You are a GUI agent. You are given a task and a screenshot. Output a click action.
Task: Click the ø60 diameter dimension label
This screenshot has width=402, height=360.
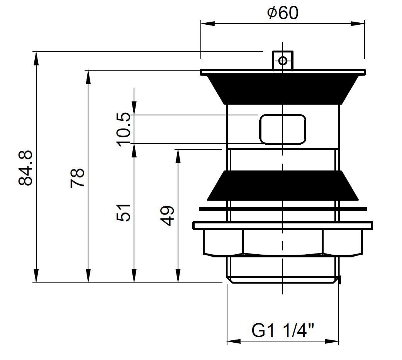(x=283, y=13)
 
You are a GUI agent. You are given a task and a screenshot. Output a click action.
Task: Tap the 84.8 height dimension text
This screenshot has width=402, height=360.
(x=25, y=168)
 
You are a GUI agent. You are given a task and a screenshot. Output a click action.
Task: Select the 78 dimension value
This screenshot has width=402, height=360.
(x=77, y=178)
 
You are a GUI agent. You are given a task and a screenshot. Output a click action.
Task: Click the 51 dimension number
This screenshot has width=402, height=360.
(x=124, y=213)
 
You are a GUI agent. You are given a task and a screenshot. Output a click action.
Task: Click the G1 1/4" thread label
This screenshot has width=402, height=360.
(x=283, y=331)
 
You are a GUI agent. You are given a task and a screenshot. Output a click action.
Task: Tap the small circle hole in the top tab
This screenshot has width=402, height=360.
(x=283, y=61)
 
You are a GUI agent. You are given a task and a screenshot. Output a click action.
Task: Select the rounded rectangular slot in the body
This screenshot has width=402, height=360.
(x=283, y=129)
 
